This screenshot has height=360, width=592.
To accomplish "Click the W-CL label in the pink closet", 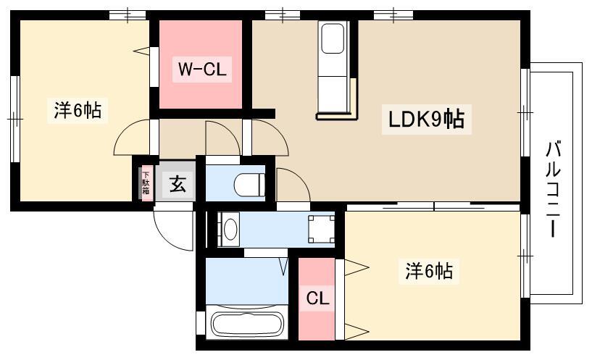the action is coord(201,70).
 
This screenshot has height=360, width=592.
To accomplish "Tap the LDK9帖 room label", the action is coord(426,120).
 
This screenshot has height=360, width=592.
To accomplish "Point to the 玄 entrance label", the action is coord(178,184).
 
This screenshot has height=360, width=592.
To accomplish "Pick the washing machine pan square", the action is coord(321,230).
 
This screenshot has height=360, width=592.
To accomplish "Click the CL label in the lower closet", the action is coord(317,299).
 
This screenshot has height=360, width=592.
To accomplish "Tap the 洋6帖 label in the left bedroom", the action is coord(78,111).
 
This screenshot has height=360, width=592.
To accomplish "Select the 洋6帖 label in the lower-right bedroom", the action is coord(429,271).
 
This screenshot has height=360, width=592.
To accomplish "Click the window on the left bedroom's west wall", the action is coord(14,119).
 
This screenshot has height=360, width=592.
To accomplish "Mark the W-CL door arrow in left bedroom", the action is coord(142,51).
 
